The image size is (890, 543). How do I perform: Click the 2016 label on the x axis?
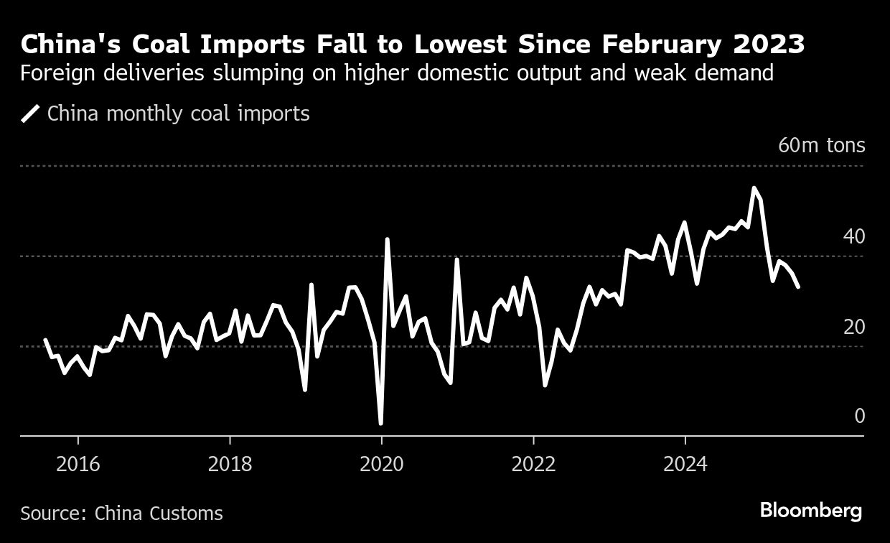coord(78,465)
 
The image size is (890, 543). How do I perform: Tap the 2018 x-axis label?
coord(230,465)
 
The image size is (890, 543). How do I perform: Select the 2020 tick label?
coord(382,465)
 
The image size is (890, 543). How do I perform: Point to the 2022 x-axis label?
coord(534,465)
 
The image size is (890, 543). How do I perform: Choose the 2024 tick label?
coord(685,465)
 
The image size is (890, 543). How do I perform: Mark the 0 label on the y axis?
coord(859,417)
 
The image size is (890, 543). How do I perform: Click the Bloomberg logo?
coord(811,511)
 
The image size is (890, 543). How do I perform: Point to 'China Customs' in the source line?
coord(159,514)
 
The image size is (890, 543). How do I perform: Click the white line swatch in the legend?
coord(30,113)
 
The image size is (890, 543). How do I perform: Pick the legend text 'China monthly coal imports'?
coord(179,113)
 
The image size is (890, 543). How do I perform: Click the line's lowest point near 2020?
coord(380,423)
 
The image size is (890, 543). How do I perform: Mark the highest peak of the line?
coord(753,188)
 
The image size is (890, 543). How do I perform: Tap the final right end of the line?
coord(798,287)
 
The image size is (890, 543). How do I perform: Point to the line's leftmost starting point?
coord(45,340)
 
